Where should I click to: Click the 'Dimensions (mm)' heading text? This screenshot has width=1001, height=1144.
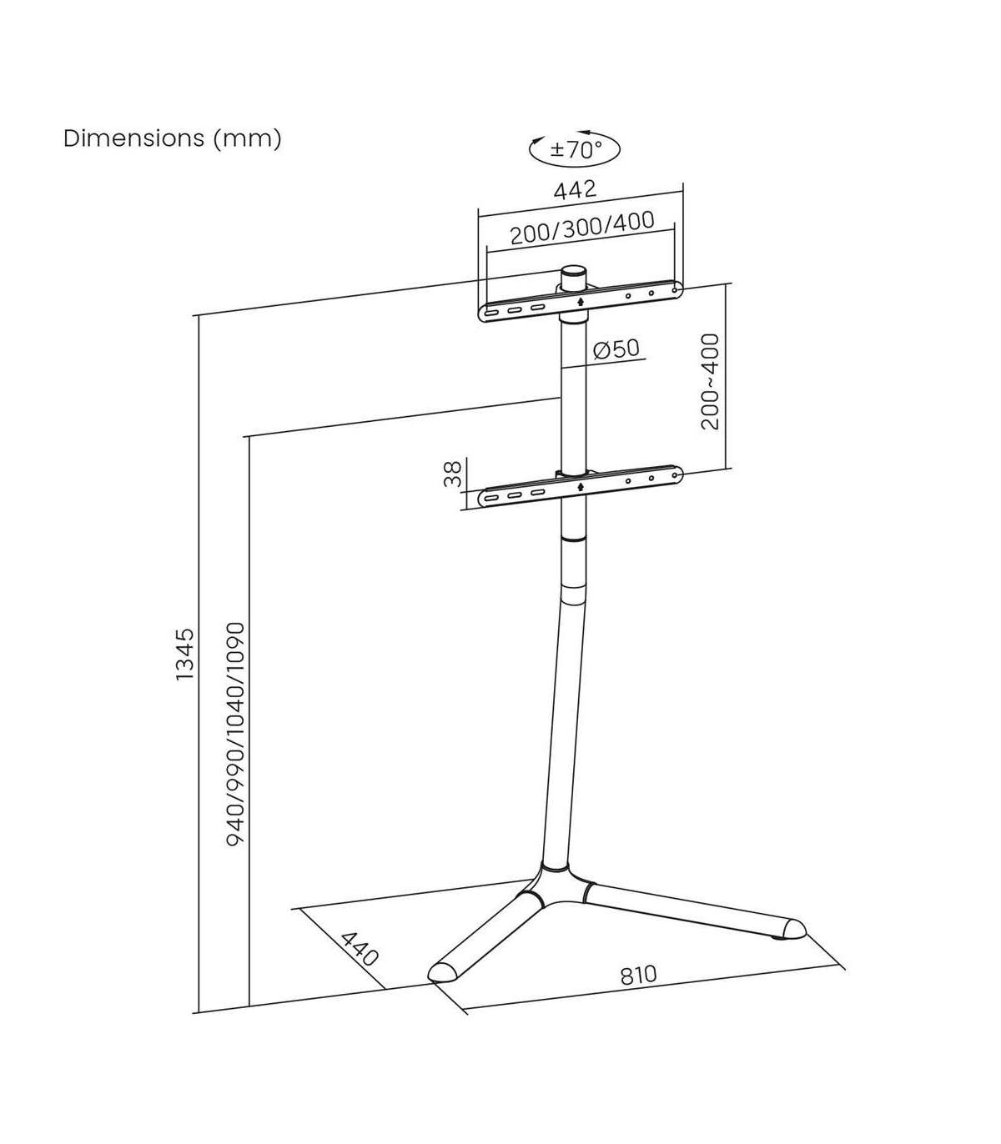click(x=173, y=138)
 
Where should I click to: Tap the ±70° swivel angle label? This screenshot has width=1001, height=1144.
click(x=575, y=150)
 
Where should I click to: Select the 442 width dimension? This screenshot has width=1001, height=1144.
click(x=576, y=189)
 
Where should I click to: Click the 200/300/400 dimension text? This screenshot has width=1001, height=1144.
click(x=581, y=228)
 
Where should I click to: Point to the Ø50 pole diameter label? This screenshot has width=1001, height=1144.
click(x=616, y=348)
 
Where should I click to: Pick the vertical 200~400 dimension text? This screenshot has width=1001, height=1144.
click(x=710, y=381)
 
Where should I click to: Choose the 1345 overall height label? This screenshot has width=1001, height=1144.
click(x=184, y=655)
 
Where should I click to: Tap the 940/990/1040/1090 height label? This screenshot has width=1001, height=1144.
click(x=236, y=734)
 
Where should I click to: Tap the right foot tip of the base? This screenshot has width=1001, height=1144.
click(x=793, y=928)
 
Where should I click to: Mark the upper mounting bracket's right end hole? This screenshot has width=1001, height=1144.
click(x=675, y=290)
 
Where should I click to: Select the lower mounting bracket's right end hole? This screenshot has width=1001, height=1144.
click(x=675, y=476)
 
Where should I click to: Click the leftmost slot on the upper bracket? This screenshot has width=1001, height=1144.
click(x=491, y=314)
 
